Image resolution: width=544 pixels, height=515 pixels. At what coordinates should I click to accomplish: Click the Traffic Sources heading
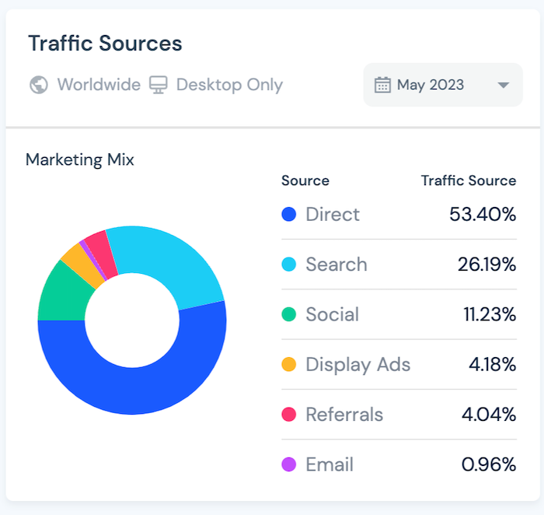pos(105,44)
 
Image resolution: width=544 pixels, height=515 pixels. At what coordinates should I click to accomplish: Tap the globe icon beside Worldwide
pos(39,85)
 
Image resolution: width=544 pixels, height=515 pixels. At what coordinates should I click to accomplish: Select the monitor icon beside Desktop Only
pos(159,85)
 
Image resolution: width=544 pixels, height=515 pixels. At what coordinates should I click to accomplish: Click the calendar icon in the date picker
pos(382,85)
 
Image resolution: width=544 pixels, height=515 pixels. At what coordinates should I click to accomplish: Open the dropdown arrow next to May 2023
pos(503,85)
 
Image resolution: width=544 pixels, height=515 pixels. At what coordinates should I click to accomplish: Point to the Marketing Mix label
pos(80,160)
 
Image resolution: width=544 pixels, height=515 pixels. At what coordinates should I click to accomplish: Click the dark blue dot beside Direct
pos(289,215)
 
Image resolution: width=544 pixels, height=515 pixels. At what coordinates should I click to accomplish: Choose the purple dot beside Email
pos(289,465)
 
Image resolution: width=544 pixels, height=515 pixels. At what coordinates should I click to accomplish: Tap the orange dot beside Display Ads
pos(289,365)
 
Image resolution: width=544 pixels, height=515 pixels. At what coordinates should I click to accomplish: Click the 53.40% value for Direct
pos(483,215)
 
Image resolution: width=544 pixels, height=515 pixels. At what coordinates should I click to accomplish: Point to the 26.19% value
pos(486,265)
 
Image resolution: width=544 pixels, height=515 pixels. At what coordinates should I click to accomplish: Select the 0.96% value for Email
pos(489,465)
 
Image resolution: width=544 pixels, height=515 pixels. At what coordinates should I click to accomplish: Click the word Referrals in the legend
pos(344,415)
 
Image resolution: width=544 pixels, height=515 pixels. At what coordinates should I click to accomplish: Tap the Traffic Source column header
pos(469,180)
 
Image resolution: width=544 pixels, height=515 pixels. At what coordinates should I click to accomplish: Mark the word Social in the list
pos(333,315)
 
